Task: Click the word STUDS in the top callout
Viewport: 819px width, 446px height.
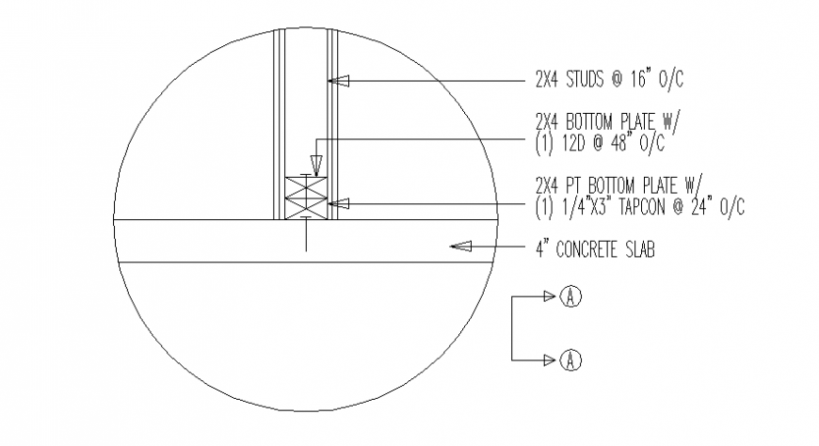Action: pos(585,79)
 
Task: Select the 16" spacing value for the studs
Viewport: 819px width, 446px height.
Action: pos(637,79)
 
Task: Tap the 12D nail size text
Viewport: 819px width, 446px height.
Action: pos(573,144)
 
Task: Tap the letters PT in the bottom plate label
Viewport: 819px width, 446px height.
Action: pos(573,186)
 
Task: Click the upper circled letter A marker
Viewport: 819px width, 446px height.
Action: pos(570,296)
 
